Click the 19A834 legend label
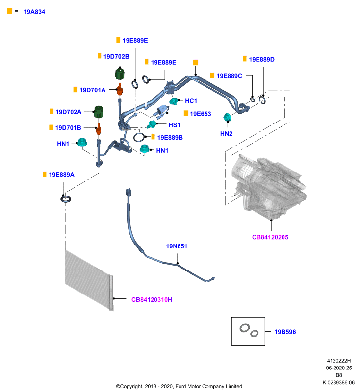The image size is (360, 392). coord(34,12)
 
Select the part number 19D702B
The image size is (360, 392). coord(116,57)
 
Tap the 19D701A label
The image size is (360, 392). coord(93,90)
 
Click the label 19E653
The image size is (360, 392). coord(201,114)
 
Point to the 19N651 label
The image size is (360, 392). coord(177,246)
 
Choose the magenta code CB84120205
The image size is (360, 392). coord(270,237)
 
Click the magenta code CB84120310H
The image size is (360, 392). coord(152,299)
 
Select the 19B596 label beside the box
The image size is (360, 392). coord(285,332)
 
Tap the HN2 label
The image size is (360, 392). coord(227,134)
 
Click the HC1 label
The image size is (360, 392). coord(191,101)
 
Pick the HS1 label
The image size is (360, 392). coord(175,125)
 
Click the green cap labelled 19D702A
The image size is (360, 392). coord(99,112)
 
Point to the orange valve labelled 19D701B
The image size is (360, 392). coord(99,129)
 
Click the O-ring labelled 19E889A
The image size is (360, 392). coord(66,199)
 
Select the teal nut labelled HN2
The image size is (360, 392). coord(227,117)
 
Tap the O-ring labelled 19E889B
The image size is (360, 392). coord(139,137)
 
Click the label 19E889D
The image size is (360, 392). coord(262,59)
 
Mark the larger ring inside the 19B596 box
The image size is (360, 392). coord(245,328)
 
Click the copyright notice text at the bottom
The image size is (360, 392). coord(179,386)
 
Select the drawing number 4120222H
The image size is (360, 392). coord(339,361)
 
